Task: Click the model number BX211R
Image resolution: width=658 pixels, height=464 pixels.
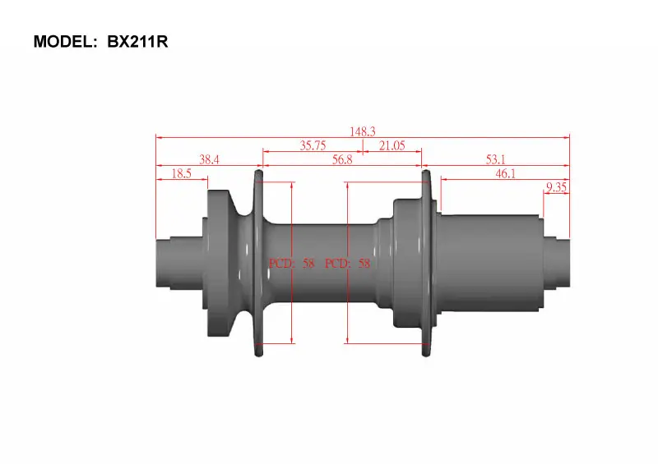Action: [137, 42]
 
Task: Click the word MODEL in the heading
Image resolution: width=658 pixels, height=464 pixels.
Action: [63, 42]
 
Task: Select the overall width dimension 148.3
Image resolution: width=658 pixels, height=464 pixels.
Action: [363, 131]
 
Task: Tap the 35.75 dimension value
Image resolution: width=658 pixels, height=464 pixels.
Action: [313, 145]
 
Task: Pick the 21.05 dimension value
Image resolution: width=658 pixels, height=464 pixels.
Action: [392, 145]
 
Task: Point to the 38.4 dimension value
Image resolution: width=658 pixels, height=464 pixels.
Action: [209, 159]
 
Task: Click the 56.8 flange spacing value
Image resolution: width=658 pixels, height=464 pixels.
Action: [342, 159]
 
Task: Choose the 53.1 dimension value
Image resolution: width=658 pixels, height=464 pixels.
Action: [496, 159]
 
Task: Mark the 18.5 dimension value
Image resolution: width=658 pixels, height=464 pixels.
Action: [181, 173]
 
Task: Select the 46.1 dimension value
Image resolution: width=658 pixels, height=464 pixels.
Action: [505, 173]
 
